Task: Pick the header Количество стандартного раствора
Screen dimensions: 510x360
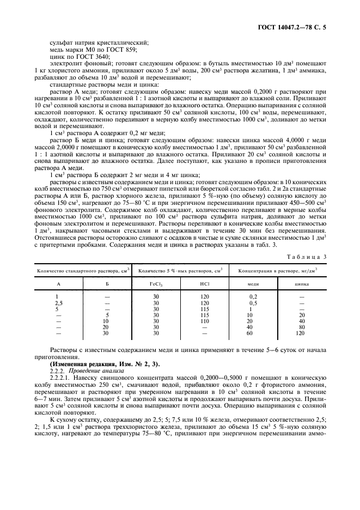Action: [82, 270]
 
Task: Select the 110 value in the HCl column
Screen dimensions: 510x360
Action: [205, 321]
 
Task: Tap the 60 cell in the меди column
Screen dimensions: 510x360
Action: [250, 333]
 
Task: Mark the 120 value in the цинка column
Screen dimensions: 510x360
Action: [300, 333]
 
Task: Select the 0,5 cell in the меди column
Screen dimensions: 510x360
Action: [253, 303]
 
